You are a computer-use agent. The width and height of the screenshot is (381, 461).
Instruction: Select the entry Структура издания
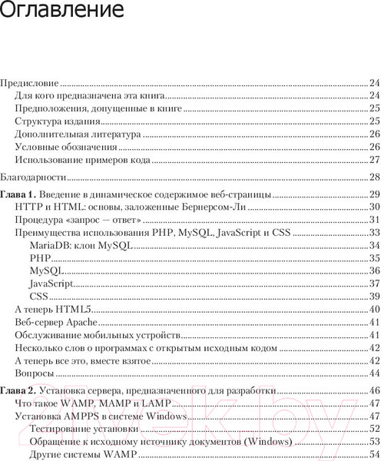pos(58,121)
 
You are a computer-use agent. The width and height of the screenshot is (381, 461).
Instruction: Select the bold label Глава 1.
pos(17,194)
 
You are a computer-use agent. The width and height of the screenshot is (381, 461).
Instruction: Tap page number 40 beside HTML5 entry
pos(374,309)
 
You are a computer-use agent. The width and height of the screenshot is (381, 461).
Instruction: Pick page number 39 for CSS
pos(374,296)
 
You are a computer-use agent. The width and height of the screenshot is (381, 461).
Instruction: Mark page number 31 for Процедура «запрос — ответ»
pos(374,220)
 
